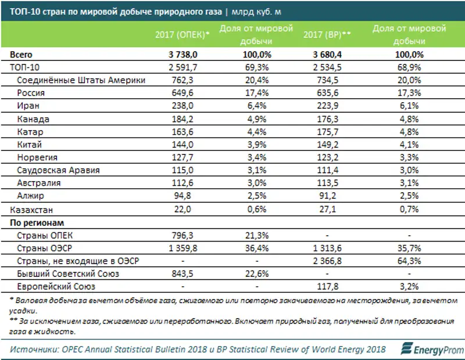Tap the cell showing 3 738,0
[182, 55]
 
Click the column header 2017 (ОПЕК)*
[182, 35]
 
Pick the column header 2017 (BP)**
[327, 35]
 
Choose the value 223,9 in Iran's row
[327, 106]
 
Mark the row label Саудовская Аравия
[59, 171]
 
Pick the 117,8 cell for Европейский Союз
[327, 287]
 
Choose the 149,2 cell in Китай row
[327, 145]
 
